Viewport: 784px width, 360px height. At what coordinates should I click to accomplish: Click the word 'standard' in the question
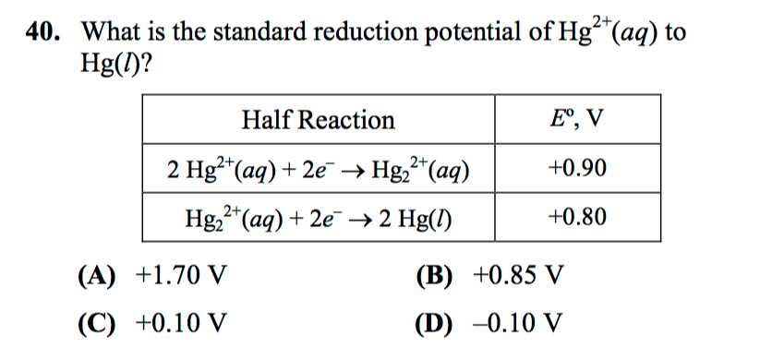(261, 30)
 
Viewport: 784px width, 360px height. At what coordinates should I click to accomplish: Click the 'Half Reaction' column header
(318, 120)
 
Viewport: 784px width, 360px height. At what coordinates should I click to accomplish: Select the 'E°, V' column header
(577, 120)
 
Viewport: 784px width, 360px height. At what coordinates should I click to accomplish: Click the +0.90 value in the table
(577, 170)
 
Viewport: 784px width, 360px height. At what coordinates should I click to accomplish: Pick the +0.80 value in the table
(577, 218)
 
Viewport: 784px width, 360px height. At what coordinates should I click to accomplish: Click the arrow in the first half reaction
(355, 172)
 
